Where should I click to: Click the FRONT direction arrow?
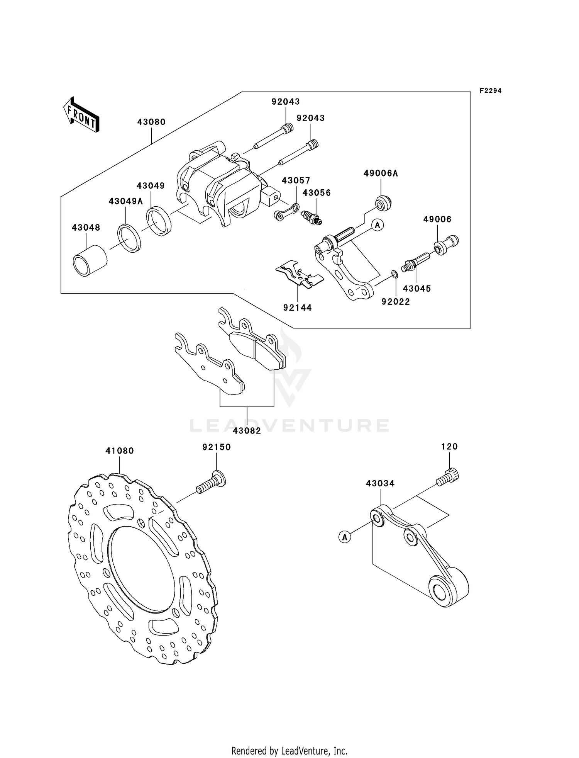click(81, 115)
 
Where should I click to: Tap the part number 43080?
click(151, 122)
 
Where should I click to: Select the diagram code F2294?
click(491, 91)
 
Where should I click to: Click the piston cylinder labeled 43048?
click(90, 261)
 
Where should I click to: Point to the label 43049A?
click(126, 201)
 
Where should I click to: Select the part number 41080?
click(120, 451)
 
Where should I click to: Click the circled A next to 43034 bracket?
click(345, 536)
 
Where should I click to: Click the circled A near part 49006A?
click(378, 225)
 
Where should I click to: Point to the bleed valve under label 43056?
click(312, 217)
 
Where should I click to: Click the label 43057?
click(296, 181)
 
